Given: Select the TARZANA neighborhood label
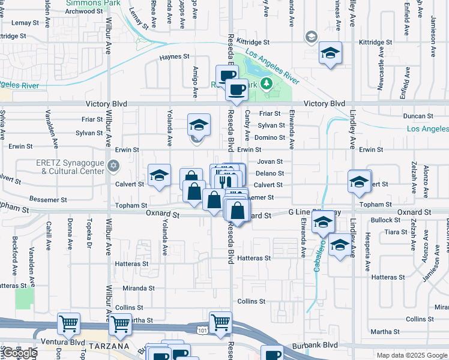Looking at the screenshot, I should [x=107, y=347].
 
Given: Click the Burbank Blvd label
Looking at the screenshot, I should [x=315, y=346].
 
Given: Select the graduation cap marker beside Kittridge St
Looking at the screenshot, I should [x=330, y=53].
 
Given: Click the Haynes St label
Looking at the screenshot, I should [x=175, y=57].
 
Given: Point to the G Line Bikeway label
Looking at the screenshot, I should [x=315, y=212].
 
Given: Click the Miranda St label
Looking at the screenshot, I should [x=139, y=288].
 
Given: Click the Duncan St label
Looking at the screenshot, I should [x=418, y=116].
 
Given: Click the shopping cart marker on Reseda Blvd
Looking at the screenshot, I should [x=220, y=323].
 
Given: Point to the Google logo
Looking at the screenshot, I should [x=19, y=353].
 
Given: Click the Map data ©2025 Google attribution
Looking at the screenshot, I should [x=412, y=355].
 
